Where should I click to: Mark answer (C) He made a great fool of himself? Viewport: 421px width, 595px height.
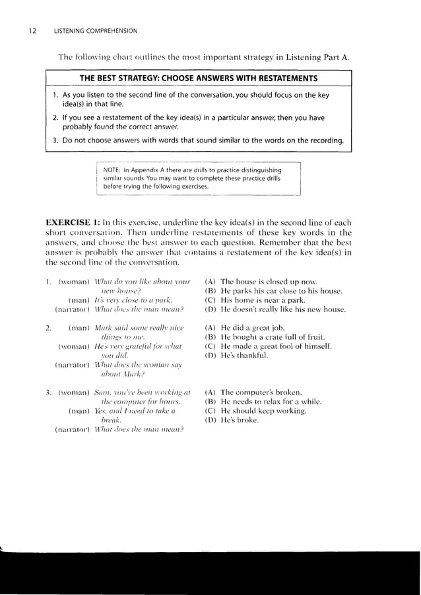click(273, 346)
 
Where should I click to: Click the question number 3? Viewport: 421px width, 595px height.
click(48, 392)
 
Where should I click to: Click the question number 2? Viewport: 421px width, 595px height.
click(48, 328)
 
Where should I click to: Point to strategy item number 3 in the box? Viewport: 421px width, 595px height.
click(56, 141)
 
